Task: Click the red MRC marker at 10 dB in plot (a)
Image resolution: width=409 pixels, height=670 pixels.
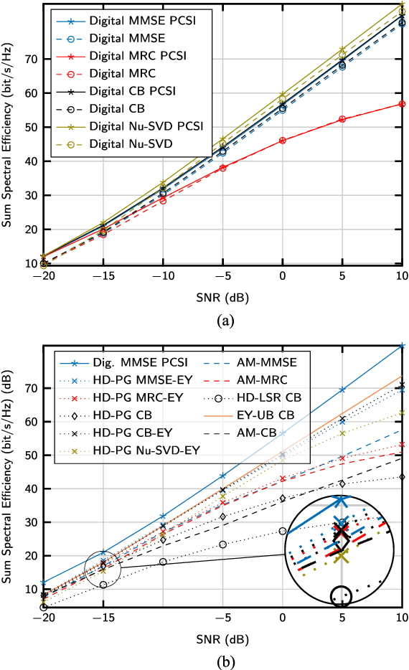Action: click(402, 104)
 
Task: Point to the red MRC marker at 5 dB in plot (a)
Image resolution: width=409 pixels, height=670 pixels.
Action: click(342, 119)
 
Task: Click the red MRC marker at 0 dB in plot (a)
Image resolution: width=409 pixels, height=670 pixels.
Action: click(283, 141)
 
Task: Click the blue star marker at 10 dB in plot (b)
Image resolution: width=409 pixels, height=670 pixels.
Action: click(402, 346)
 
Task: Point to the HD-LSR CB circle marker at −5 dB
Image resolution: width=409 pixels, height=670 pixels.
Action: click(223, 544)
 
